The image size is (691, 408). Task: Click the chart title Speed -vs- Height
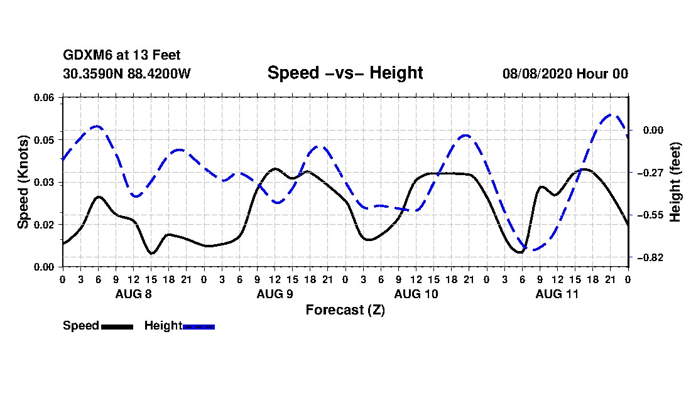click(345, 73)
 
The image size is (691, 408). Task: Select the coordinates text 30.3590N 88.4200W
click(127, 73)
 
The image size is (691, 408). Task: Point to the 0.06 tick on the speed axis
click(43, 97)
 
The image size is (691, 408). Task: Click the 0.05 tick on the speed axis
click(43, 140)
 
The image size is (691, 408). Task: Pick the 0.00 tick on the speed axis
click(43, 267)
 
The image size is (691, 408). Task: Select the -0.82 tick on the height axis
click(650, 257)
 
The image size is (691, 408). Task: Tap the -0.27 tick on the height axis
click(650, 173)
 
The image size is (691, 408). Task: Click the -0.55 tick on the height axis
click(650, 215)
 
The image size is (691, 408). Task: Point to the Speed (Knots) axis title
click(23, 182)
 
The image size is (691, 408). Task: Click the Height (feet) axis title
click(675, 182)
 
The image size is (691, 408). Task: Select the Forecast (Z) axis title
click(345, 310)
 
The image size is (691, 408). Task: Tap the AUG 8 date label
click(134, 294)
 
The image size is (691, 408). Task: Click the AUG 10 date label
click(416, 294)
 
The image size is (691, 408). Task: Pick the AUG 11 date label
click(557, 294)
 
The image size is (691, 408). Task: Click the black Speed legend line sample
click(117, 326)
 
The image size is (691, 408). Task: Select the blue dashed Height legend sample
click(199, 326)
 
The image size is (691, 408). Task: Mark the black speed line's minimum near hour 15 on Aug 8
click(151, 254)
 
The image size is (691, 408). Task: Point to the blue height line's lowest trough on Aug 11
click(534, 250)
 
